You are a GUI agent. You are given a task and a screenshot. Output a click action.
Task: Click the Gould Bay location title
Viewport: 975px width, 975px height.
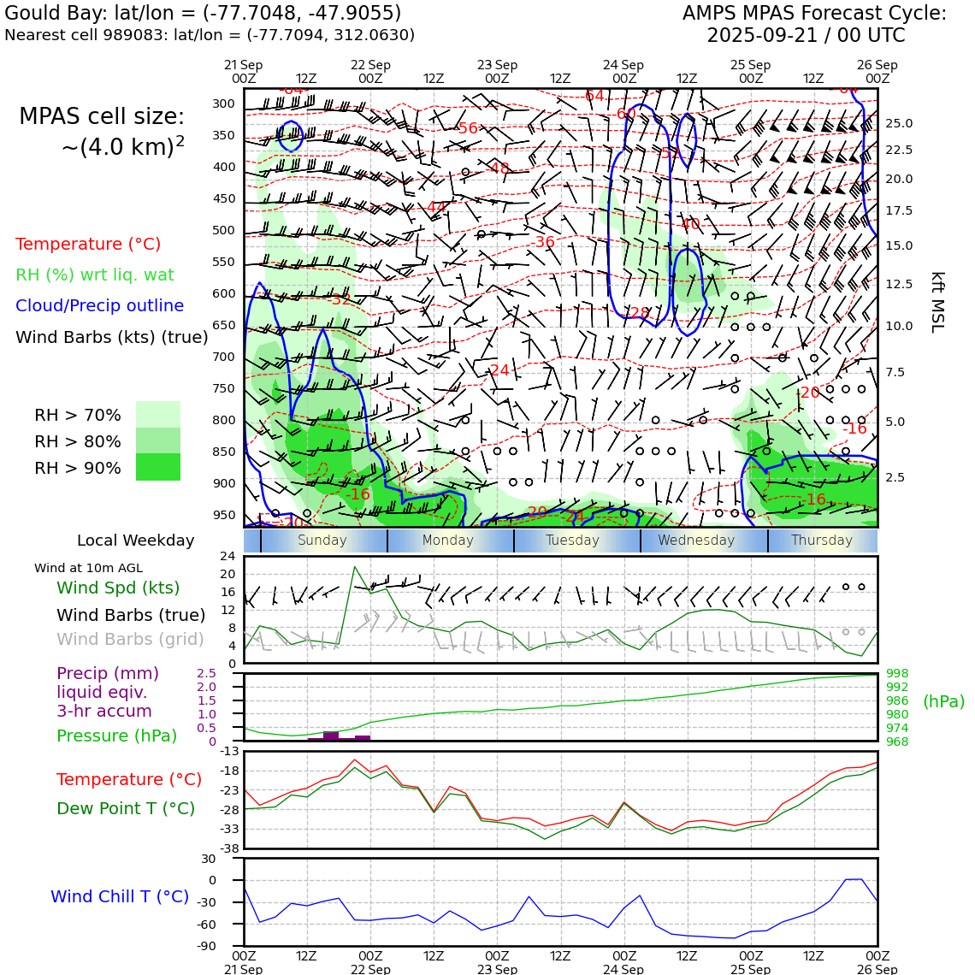(x=203, y=14)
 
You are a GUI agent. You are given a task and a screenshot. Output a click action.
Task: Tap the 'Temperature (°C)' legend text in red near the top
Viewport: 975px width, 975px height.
(x=88, y=244)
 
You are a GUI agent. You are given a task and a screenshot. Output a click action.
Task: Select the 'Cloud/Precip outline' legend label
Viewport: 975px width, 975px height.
(x=99, y=305)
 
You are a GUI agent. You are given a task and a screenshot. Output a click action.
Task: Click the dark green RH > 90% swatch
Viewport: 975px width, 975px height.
(x=158, y=467)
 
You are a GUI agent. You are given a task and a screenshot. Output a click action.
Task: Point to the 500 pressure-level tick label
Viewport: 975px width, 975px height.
(x=223, y=230)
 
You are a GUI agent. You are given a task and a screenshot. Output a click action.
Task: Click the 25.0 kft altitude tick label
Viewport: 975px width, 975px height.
(x=898, y=123)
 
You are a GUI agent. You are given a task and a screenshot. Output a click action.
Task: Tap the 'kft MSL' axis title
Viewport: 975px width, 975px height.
(x=937, y=302)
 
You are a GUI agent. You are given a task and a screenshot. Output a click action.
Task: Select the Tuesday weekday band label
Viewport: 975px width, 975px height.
(x=572, y=541)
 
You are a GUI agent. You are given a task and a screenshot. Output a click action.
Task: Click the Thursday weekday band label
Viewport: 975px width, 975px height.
(x=821, y=541)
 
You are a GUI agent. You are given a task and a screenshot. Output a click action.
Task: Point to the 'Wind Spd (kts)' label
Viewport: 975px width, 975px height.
(x=118, y=588)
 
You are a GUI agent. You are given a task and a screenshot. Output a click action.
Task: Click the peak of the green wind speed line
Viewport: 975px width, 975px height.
(x=354, y=566)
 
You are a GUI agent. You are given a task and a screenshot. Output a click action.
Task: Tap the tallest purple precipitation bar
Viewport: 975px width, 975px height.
(x=331, y=736)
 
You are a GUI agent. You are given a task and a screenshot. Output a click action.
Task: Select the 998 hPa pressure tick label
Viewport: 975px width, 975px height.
(x=897, y=674)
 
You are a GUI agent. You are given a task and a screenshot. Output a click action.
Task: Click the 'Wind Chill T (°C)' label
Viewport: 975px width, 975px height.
(x=120, y=896)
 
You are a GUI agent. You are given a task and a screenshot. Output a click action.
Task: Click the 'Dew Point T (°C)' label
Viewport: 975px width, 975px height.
(x=126, y=808)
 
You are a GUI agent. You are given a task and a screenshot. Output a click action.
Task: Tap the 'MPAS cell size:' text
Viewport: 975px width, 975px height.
(x=102, y=117)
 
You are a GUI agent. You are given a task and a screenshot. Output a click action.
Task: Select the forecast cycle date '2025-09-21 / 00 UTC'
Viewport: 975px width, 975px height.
(x=806, y=36)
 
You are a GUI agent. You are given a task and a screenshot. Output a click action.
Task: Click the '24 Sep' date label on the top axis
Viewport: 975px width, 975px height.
(x=623, y=65)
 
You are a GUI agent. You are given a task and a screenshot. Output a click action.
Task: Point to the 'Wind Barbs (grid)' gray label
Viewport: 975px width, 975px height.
(x=131, y=639)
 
